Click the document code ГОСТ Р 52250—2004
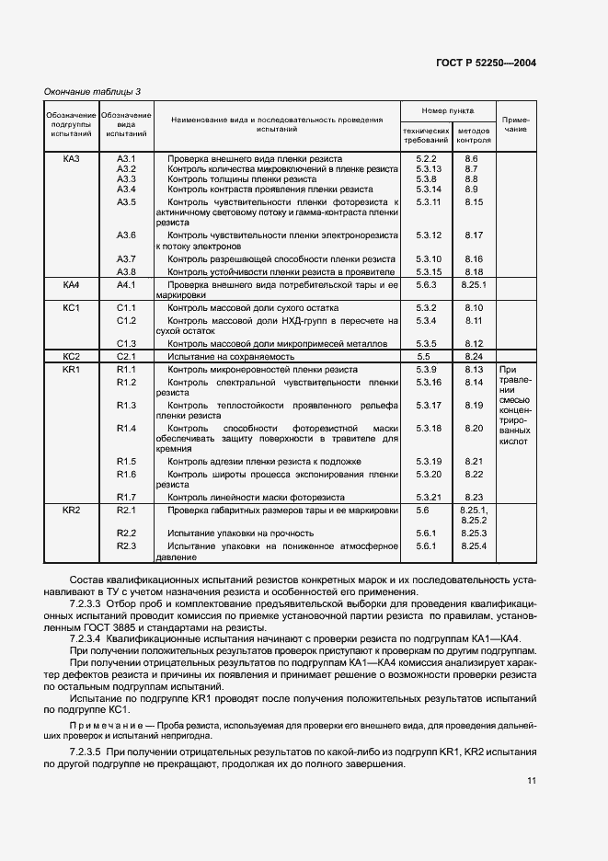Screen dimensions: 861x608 point(487,63)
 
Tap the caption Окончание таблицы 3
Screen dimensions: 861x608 point(93,90)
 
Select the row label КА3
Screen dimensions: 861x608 point(72,158)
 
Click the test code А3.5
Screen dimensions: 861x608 point(127,201)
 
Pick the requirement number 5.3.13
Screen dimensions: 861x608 point(429,168)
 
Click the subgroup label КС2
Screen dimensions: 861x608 point(72,355)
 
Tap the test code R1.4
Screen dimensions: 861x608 point(127,428)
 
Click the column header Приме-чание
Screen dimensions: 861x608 point(515,124)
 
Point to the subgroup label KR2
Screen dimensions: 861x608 point(72,509)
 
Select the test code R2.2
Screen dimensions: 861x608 point(127,533)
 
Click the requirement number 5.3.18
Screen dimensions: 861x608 point(429,428)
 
